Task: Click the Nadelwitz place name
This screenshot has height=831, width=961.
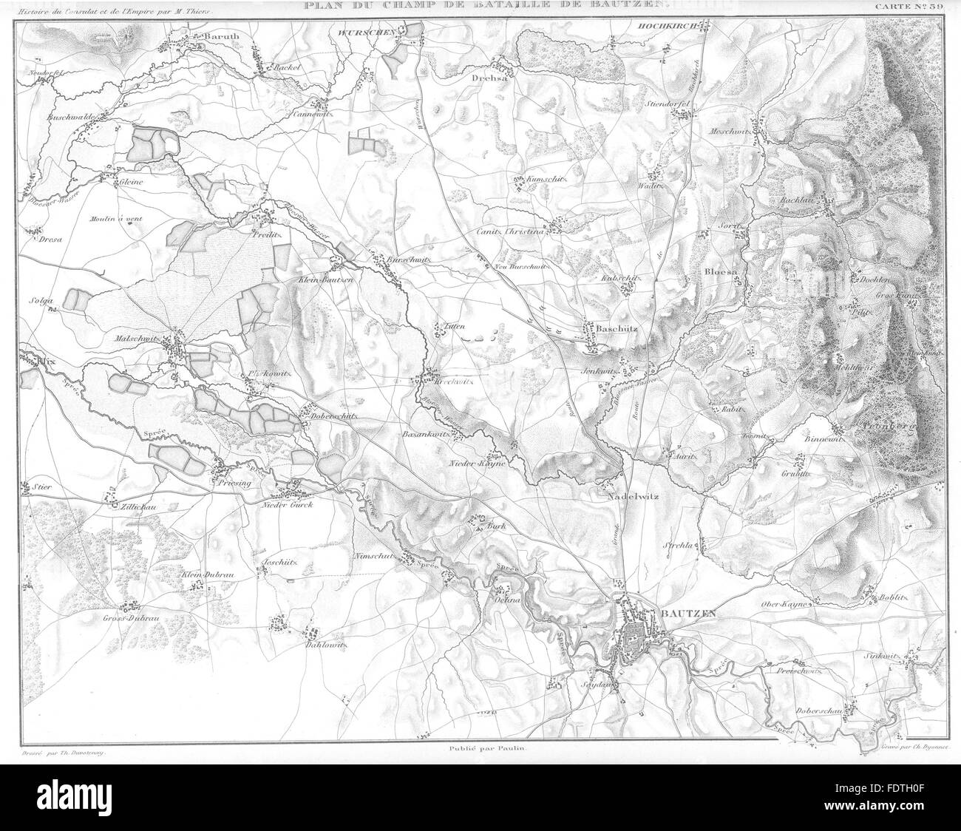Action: click(x=636, y=498)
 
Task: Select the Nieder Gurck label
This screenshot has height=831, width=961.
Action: click(x=288, y=505)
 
